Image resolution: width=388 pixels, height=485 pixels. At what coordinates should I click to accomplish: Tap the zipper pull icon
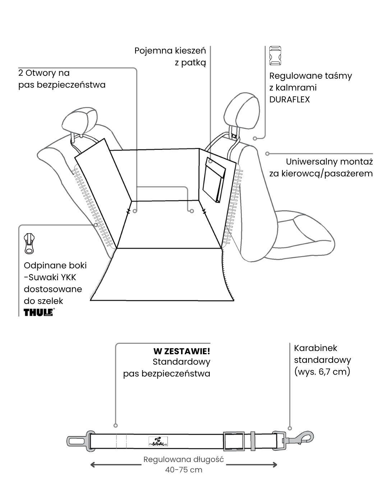[29, 243]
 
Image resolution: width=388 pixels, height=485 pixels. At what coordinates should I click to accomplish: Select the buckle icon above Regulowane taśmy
[275, 56]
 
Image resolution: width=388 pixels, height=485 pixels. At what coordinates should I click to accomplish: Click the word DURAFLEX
[289, 100]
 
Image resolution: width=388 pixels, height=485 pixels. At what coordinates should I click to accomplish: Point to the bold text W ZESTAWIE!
[181, 351]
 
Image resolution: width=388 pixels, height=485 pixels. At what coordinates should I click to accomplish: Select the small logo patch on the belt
[158, 442]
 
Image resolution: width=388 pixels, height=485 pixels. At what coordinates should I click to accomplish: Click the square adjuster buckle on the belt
[234, 441]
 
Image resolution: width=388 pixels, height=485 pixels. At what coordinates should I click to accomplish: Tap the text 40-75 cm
[184, 470]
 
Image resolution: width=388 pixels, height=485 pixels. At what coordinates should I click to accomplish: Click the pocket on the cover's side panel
[213, 180]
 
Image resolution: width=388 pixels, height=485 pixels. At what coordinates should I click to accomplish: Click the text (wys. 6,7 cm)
[322, 371]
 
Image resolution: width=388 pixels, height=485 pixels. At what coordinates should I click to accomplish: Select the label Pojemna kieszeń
[170, 51]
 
